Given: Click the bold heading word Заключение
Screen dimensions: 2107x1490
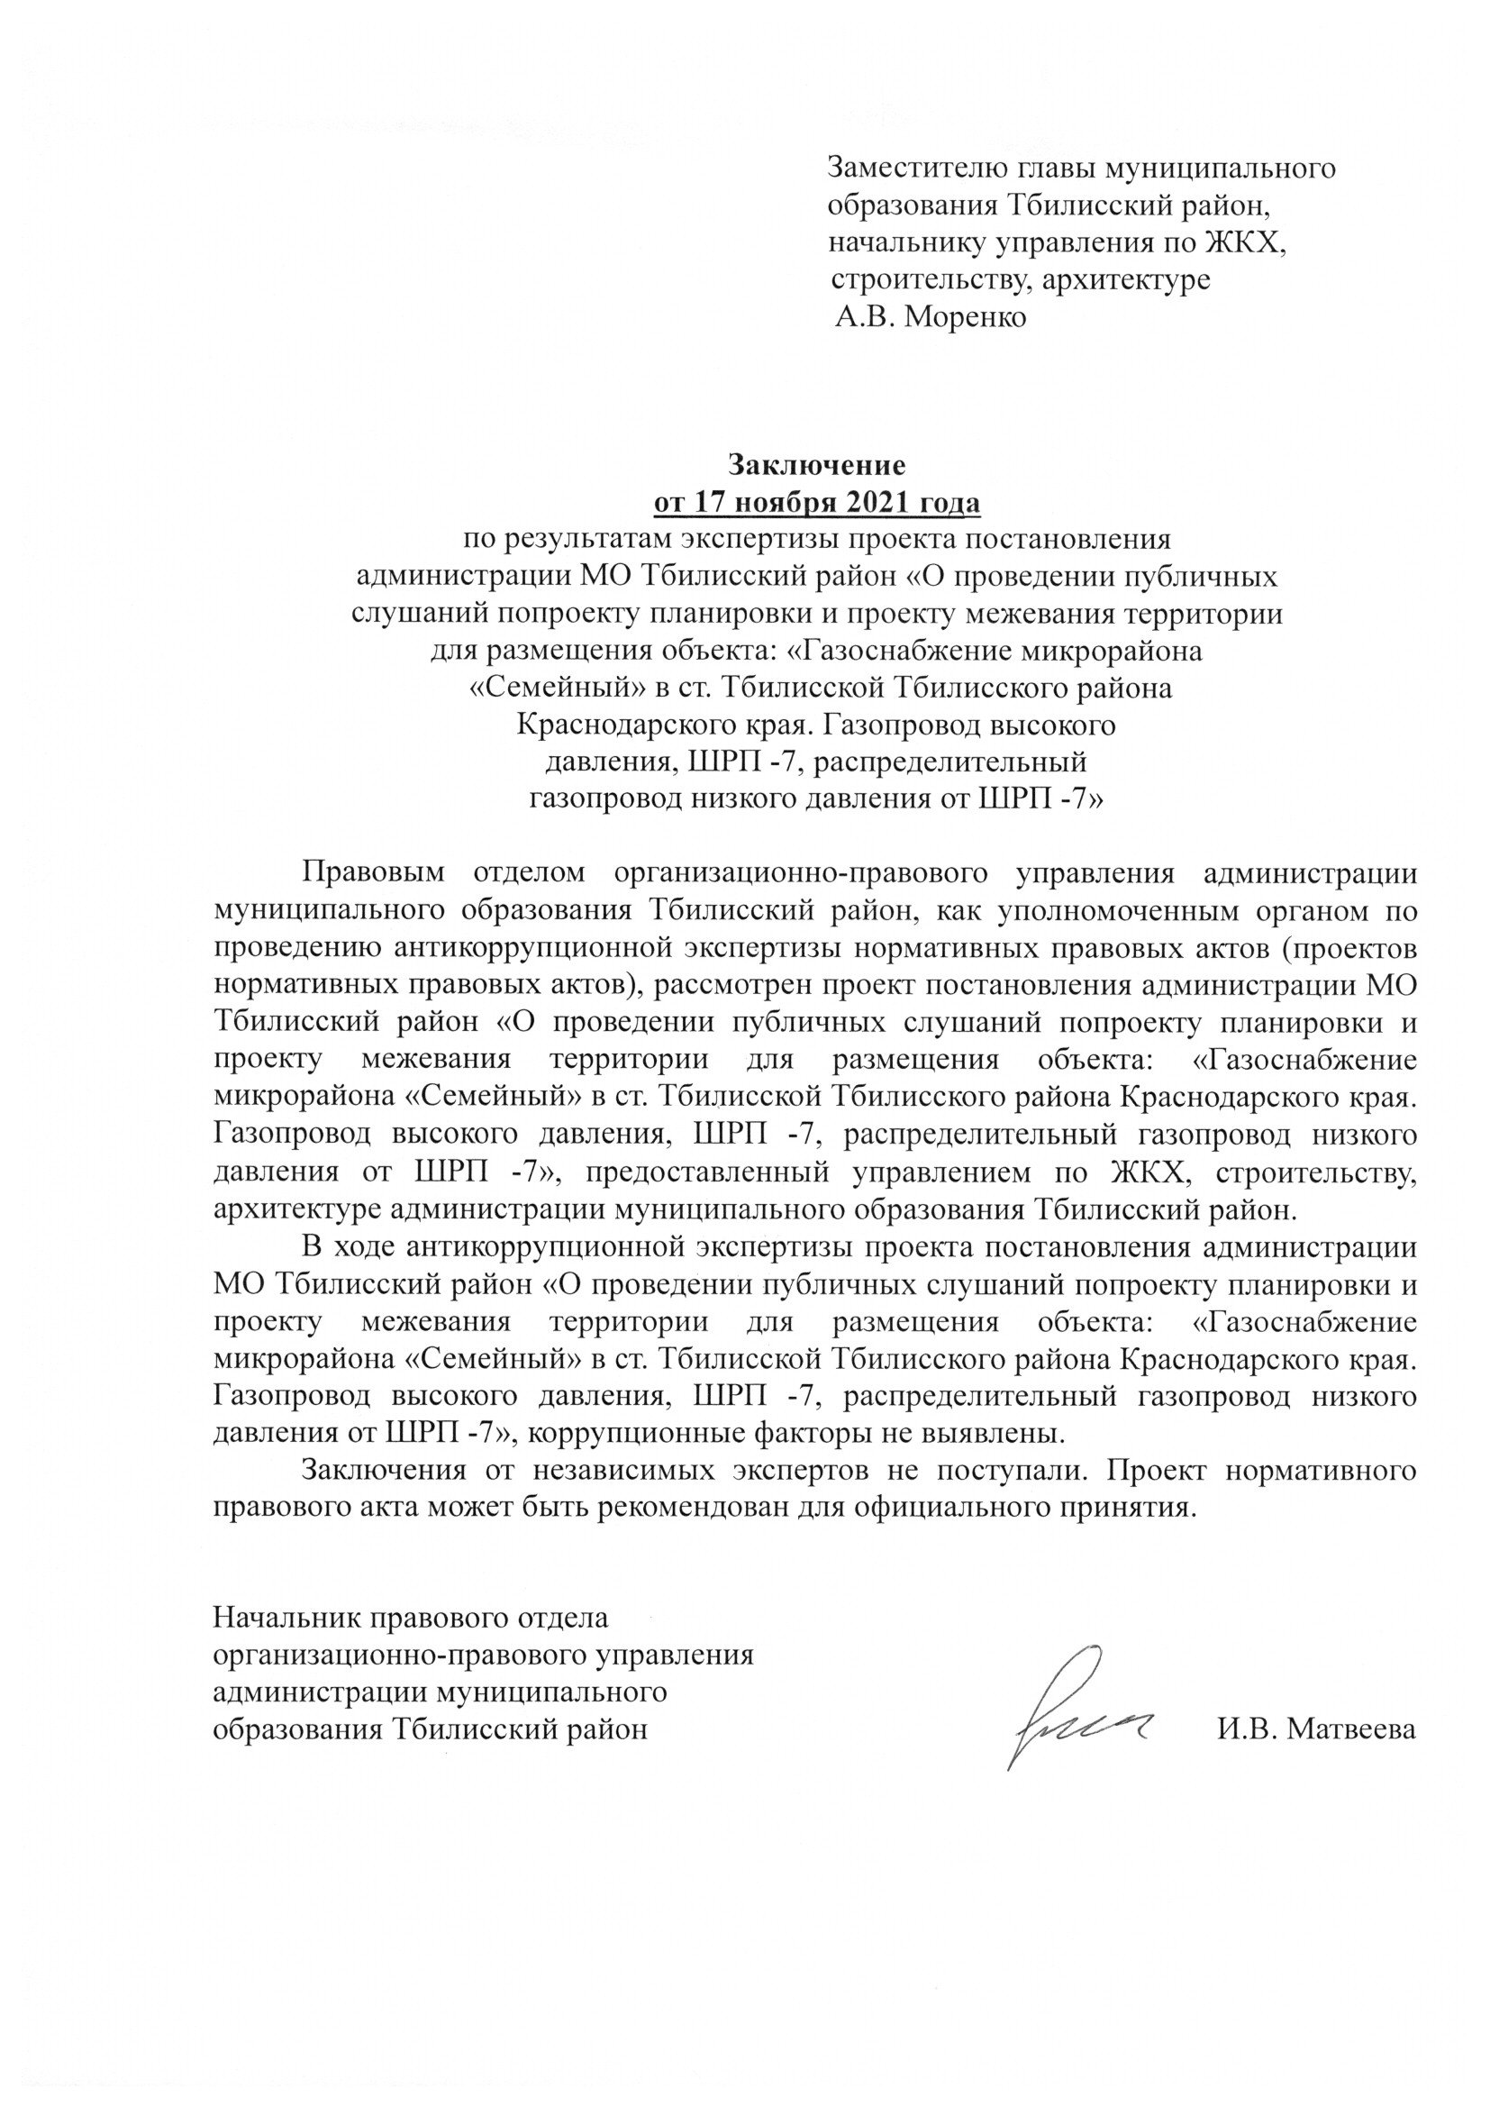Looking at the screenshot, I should tap(816, 465).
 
